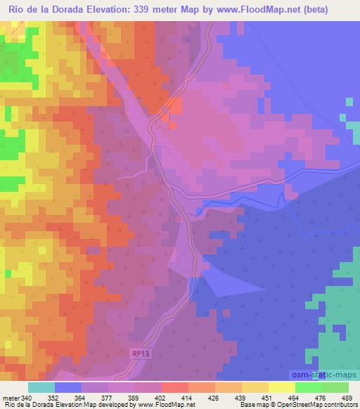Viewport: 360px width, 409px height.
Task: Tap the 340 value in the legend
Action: (27, 398)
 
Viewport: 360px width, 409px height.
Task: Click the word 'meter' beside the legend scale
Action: (11, 398)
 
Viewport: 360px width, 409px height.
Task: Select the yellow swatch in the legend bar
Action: (281, 388)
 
